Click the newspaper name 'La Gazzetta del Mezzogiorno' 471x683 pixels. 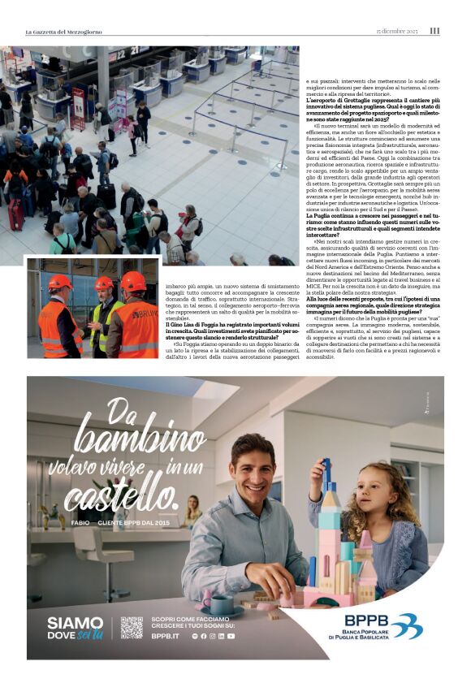pos(64,32)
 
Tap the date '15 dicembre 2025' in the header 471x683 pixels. pos(396,32)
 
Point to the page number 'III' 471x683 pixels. pos(434,32)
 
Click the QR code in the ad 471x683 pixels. pos(132,628)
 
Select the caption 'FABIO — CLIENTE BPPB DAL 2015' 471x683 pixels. pos(120,524)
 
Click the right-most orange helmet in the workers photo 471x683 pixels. pos(133,282)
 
